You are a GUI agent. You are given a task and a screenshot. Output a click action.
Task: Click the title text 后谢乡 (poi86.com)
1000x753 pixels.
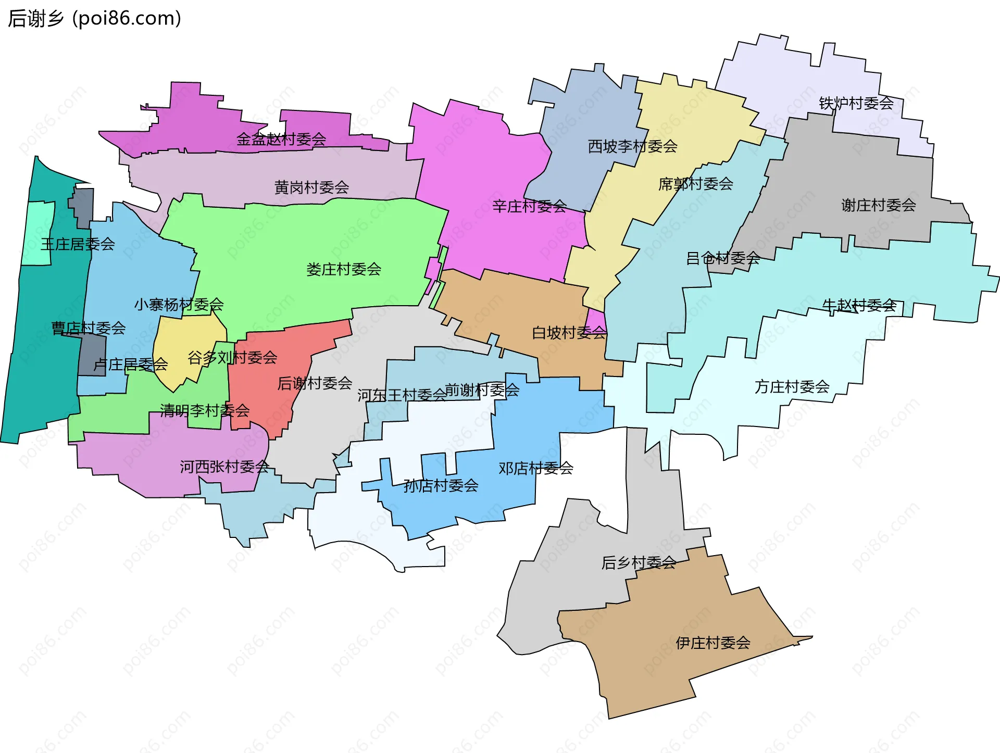click(94, 19)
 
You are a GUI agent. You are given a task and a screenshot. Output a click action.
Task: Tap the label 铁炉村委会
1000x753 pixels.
click(856, 104)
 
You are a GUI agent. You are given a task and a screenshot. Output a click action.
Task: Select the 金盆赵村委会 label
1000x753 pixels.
click(281, 139)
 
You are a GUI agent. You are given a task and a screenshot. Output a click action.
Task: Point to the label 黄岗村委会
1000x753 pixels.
click(311, 187)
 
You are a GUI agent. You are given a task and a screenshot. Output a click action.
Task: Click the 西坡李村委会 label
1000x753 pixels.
click(632, 147)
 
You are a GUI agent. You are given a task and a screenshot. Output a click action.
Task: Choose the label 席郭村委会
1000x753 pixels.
click(695, 184)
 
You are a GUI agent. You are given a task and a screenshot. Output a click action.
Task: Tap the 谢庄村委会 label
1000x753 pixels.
click(878, 205)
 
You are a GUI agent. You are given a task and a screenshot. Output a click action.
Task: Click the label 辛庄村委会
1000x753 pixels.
click(529, 207)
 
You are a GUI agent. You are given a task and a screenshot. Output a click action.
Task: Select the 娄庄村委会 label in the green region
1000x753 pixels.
click(344, 270)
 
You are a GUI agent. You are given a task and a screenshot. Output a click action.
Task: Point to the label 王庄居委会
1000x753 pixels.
click(78, 244)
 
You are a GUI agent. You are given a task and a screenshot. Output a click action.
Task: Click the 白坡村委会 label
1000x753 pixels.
click(569, 333)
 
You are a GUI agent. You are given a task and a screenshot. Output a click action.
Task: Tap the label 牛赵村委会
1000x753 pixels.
click(859, 306)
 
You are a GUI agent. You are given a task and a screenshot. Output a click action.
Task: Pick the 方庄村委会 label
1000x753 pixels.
click(792, 387)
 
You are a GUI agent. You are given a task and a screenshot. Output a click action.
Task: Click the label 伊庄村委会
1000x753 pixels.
click(712, 643)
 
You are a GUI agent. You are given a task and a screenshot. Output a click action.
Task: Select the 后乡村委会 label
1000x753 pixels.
click(639, 563)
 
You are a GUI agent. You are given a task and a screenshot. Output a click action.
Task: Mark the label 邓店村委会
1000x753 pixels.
click(535, 469)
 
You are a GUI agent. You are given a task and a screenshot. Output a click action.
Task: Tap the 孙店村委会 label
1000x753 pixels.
click(441, 486)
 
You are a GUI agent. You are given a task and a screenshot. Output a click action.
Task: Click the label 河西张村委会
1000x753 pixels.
click(224, 467)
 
